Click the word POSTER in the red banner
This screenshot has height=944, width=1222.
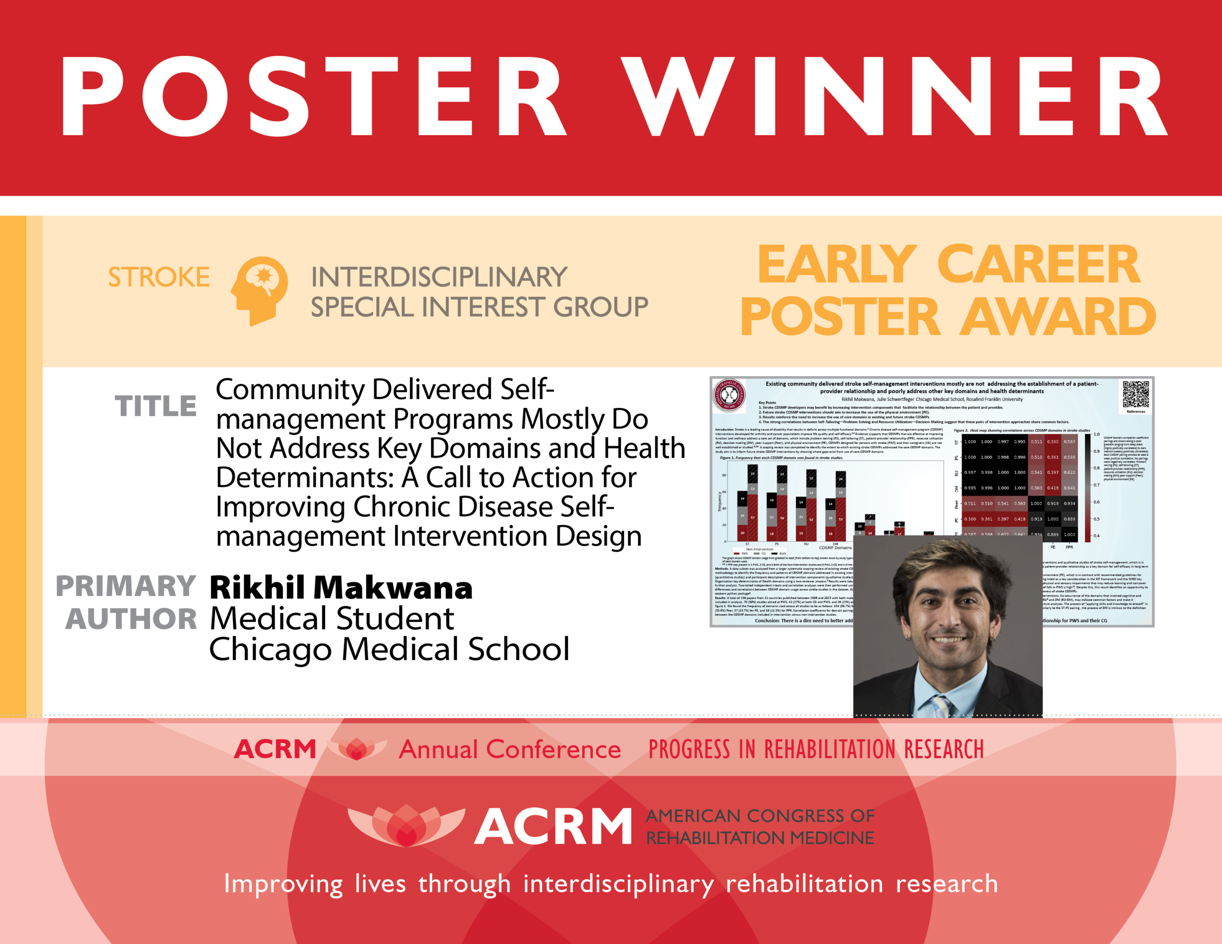(313, 96)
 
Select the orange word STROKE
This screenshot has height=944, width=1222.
(159, 278)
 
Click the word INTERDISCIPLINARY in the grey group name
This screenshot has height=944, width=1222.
(439, 278)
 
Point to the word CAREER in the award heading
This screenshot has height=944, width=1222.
(1038, 265)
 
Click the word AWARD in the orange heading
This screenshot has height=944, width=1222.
(1059, 317)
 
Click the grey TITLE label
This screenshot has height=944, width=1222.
(156, 406)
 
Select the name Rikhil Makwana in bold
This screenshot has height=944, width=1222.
(341, 588)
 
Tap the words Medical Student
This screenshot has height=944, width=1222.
(331, 619)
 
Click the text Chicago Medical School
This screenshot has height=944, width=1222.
(389, 650)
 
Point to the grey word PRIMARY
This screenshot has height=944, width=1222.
(126, 587)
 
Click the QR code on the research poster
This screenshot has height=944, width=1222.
(1136, 395)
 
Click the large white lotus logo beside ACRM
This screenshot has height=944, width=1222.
(406, 825)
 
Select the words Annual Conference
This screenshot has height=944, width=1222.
(510, 750)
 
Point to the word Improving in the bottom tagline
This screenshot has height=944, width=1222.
(283, 884)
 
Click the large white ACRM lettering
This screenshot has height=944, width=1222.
(553, 827)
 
